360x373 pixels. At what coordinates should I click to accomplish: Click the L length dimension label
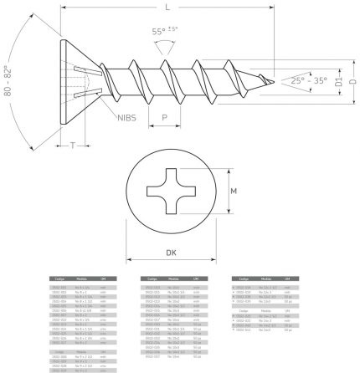pyautogui.click(x=169, y=7)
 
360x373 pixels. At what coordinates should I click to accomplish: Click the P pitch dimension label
pyautogui.click(x=165, y=118)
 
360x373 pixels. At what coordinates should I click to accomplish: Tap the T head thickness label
pyautogui.click(x=75, y=146)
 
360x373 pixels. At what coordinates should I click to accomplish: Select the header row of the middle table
pyautogui.click(x=172, y=278)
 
